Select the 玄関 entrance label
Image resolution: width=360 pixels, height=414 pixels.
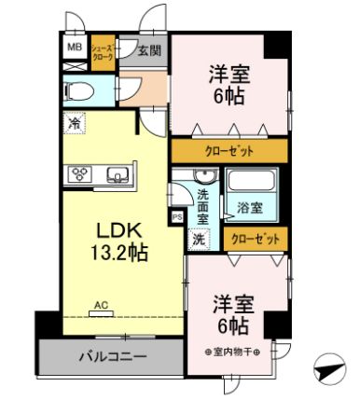point(148,51)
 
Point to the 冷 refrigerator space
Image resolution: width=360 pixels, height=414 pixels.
point(74,121)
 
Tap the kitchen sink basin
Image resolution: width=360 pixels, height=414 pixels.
point(118,173)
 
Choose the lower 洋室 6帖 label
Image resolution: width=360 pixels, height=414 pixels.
point(229,314)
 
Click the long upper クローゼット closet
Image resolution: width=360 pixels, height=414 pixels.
point(228,151)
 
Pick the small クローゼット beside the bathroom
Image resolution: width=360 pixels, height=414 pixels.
point(256,240)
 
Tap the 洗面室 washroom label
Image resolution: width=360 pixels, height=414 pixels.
point(203,206)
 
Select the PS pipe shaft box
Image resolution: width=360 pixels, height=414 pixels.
point(176,216)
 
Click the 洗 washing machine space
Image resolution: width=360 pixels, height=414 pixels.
point(198,239)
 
